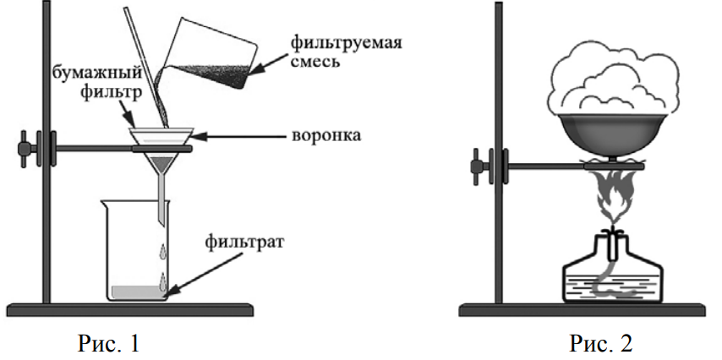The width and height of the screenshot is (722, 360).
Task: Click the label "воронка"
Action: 326,136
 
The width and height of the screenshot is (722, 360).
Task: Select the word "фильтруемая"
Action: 346,44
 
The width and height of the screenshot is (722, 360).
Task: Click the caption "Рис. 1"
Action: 108,342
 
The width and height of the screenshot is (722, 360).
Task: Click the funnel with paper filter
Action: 161,156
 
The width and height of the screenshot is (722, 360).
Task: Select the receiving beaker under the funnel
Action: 135,250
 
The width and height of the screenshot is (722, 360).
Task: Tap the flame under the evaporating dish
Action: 611,197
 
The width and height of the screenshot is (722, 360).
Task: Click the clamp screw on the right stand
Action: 478,166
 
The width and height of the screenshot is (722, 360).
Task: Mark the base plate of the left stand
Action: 130,309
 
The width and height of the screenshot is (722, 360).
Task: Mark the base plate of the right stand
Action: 583,309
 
